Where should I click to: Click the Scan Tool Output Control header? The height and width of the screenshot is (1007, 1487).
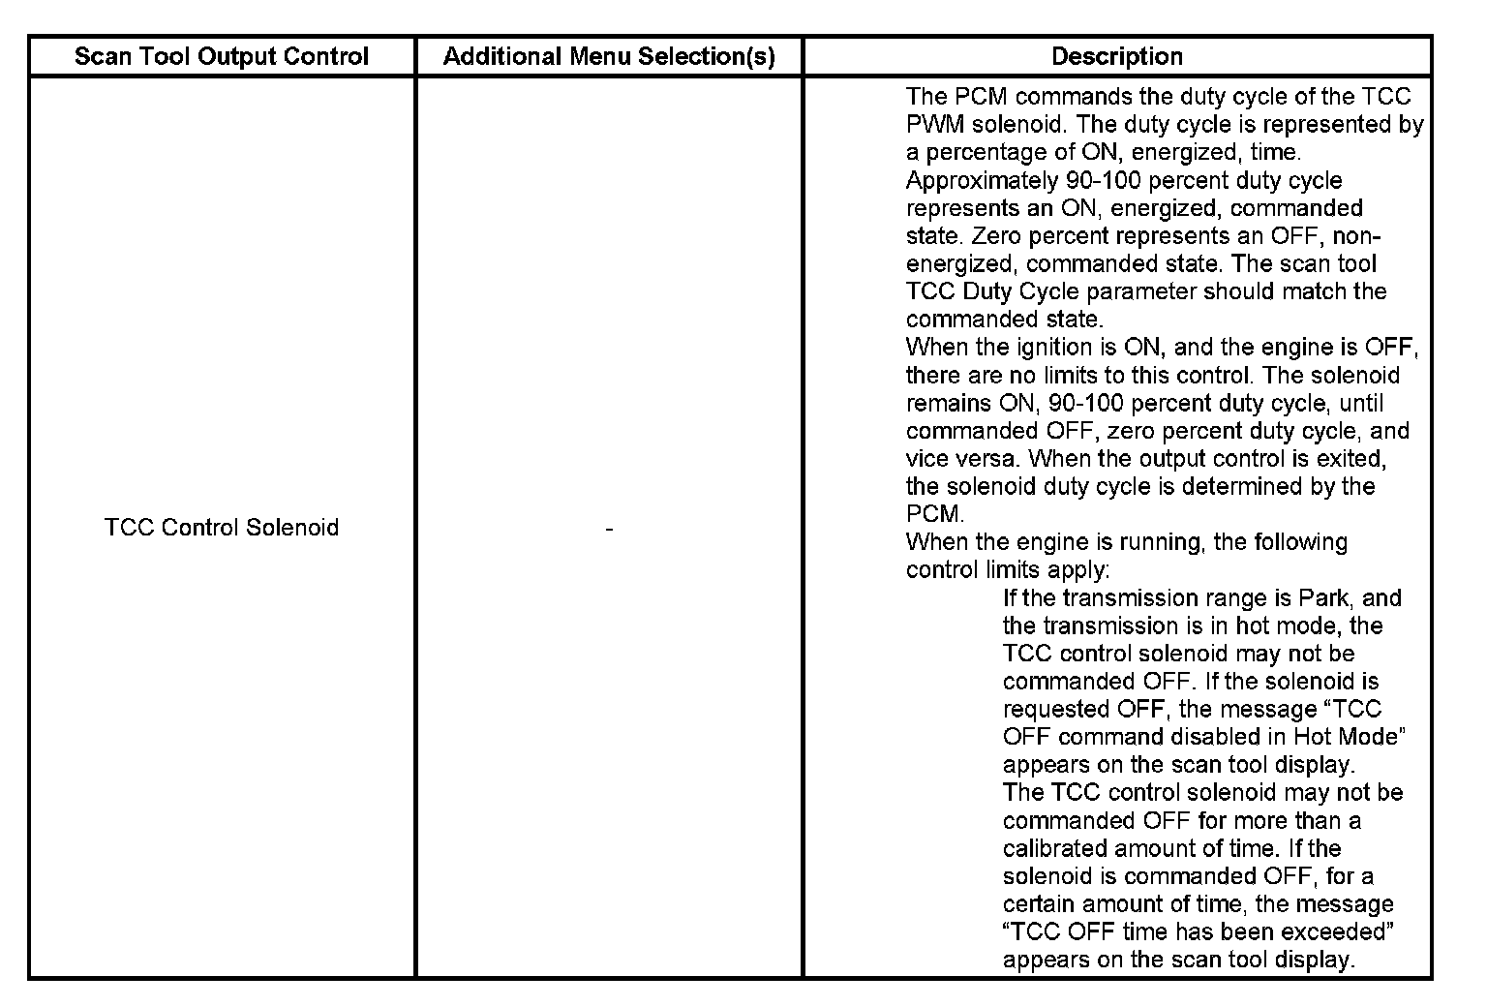point(222,57)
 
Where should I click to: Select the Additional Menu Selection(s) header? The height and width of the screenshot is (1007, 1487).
point(609,57)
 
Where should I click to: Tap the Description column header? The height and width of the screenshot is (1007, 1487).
point(1117,57)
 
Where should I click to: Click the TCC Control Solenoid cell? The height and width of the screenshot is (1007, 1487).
point(222,528)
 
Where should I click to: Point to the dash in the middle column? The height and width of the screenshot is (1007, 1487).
point(609,529)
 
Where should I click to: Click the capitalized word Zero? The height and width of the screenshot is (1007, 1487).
point(1000,236)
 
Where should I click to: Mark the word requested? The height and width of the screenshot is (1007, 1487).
point(1056,710)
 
